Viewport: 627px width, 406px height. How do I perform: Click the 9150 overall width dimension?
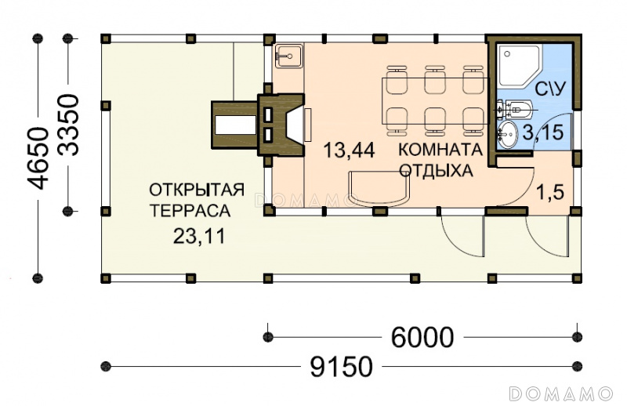pos(341,367)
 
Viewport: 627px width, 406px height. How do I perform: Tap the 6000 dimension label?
pos(422,337)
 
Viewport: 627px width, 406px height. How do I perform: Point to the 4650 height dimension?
pos(38,158)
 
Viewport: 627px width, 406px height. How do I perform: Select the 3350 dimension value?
pos(68,125)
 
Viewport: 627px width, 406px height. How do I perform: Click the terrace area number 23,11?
pos(199,236)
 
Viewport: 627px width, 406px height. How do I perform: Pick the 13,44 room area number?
pos(349,150)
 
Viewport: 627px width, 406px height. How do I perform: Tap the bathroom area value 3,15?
pos(543,132)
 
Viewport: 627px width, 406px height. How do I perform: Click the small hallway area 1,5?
pos(550,192)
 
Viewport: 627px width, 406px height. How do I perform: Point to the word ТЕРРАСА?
pos(190,211)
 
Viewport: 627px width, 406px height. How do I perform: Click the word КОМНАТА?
pos(440,150)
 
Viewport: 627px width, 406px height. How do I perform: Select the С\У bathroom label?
pos(550,89)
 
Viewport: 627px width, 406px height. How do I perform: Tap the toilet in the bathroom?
pos(519,109)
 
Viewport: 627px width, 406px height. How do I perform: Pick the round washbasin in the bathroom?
pos(508,134)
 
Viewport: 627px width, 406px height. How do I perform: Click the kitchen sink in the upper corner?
pos(288,56)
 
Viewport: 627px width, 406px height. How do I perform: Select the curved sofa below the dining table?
pos(380,189)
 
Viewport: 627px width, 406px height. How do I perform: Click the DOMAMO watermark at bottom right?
pos(560,393)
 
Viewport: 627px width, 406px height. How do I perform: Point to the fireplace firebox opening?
pos(295,124)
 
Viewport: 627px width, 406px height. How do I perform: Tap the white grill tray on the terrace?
pos(236,125)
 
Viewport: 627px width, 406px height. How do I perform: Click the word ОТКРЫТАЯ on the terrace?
pos(197,190)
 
